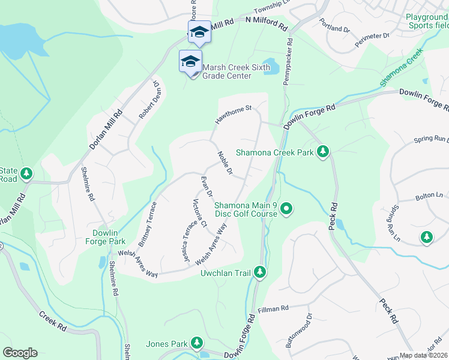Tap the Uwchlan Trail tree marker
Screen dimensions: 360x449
pyautogui.click(x=260, y=272)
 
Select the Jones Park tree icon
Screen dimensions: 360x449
pyautogui.click(x=196, y=343)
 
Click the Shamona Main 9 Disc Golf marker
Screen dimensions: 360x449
pyautogui.click(x=286, y=208)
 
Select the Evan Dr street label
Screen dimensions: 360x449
pyautogui.click(x=207, y=186)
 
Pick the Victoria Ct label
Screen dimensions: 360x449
pyautogui.click(x=199, y=214)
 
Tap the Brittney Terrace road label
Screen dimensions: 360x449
pyautogui.click(x=148, y=223)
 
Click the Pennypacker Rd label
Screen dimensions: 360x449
pyautogui.click(x=289, y=62)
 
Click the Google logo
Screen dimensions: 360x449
pyautogui.click(x=20, y=353)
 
